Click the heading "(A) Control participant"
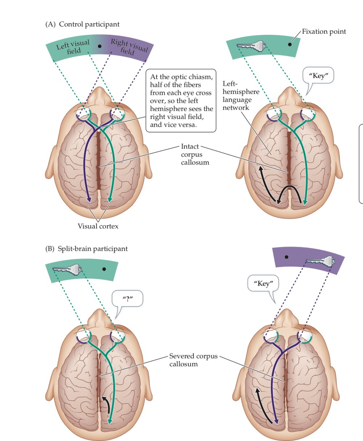82,24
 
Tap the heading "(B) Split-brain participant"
86,249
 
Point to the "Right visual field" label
129,47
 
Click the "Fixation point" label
324,32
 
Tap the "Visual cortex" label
98,226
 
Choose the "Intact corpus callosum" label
195,154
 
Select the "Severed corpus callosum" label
193,360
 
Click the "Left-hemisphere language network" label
241,96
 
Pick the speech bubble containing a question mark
127,299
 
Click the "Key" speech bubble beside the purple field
263,284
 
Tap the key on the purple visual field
321,261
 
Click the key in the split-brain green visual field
67,270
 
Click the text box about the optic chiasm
181,101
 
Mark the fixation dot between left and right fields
100,46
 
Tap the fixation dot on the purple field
286,257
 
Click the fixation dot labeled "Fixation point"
290,44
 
